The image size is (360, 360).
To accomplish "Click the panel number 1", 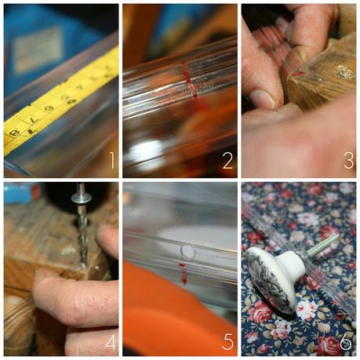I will pos(111,162).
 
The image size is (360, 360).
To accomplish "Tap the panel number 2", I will pos(227,162).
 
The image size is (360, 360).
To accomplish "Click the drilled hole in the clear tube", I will pos(187,251).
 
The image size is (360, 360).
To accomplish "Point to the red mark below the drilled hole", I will pos(184,274).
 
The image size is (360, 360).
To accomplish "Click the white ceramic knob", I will pos(271,275).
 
